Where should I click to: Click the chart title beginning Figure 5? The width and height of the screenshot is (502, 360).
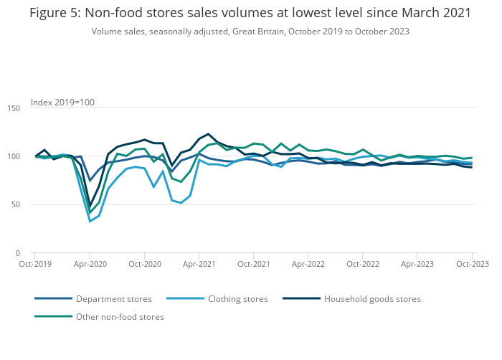[250, 14]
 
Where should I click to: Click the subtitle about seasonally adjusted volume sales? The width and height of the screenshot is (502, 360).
[250, 32]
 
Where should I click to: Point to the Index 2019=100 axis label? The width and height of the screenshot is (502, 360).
[62, 103]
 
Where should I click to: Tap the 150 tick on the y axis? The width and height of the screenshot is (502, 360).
[14, 108]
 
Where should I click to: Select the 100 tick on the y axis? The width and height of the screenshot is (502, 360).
[14, 156]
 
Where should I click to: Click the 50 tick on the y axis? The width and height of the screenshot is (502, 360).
[16, 205]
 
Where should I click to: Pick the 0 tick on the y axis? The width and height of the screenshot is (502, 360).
[18, 253]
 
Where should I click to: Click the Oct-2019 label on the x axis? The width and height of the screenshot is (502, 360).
[35, 265]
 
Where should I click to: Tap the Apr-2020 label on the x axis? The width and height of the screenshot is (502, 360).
[90, 265]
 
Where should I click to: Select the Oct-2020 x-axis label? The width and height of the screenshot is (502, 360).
[144, 265]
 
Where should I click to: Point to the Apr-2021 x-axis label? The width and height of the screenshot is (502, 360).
[199, 265]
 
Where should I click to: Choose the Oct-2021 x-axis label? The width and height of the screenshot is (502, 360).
[253, 265]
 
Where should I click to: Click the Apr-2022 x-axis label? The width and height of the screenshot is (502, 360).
[308, 265]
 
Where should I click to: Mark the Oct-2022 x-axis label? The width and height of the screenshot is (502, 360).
[363, 265]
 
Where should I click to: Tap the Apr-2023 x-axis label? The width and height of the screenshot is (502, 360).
[417, 265]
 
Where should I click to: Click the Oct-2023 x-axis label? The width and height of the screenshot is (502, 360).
[472, 265]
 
